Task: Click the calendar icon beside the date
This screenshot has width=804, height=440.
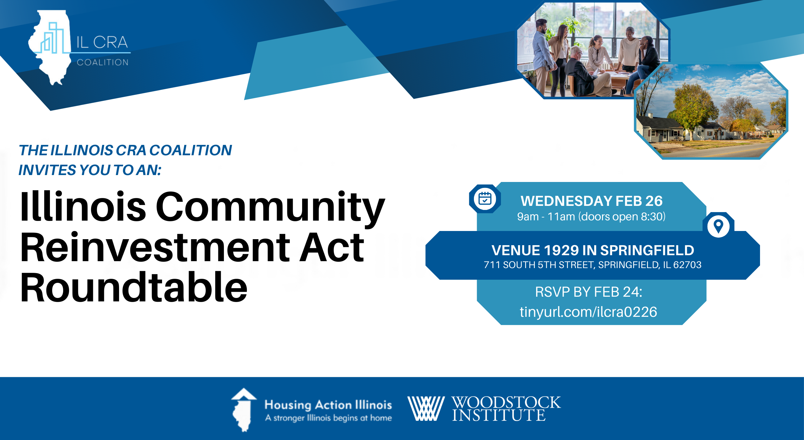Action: [485, 199]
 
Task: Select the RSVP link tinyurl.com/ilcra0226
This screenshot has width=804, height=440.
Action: [588, 312]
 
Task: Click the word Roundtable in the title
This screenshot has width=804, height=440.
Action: [134, 287]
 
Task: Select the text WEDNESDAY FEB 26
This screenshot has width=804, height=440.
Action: [592, 201]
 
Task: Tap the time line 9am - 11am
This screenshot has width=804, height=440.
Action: [546, 217]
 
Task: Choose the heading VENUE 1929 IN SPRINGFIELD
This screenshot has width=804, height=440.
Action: [593, 250]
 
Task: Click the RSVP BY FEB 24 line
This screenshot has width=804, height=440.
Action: [589, 292]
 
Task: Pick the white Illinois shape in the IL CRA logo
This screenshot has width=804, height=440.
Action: [50, 47]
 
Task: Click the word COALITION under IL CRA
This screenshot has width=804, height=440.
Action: [103, 62]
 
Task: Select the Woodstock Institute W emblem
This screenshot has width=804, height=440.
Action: [426, 408]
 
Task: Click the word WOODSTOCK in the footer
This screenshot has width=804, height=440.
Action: [506, 402]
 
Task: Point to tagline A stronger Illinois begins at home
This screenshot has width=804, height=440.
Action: [328, 418]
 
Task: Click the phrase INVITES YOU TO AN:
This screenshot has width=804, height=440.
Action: [90, 170]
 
